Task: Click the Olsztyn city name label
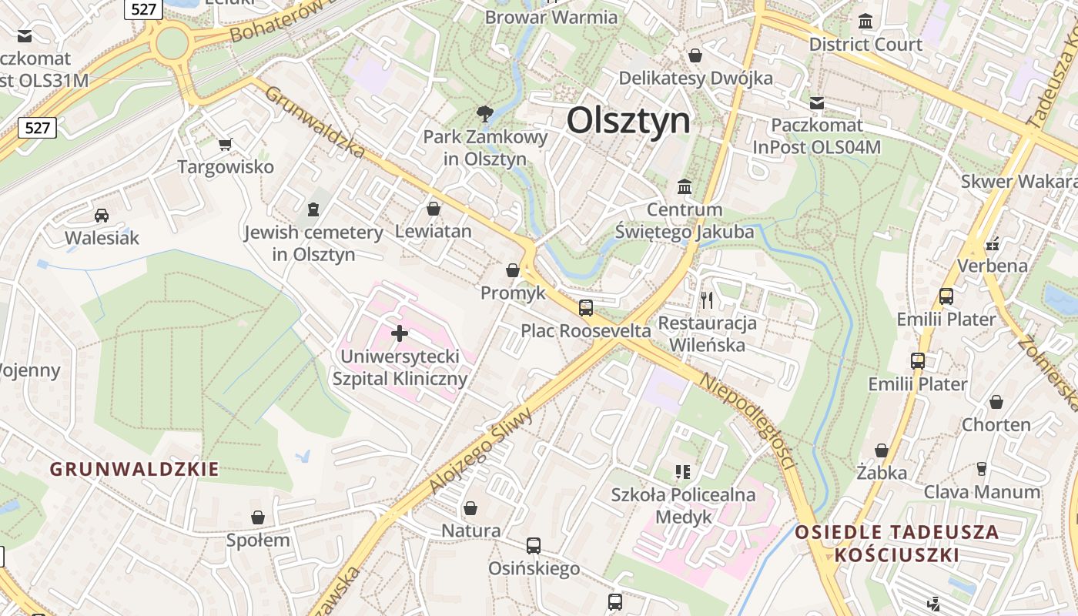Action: click(x=628, y=121)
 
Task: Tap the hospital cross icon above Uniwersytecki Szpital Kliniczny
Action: click(x=400, y=333)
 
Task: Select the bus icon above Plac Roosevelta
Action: click(x=586, y=308)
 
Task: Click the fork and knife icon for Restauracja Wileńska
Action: click(x=707, y=300)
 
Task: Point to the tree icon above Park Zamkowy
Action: click(x=485, y=114)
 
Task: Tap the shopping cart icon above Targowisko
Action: click(x=226, y=144)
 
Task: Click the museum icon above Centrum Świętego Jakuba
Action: click(x=684, y=186)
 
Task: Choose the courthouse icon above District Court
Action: click(x=865, y=21)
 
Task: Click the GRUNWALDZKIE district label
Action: click(x=135, y=469)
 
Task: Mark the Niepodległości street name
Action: click(x=747, y=420)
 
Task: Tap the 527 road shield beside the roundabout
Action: click(x=142, y=8)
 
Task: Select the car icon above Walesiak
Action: click(x=102, y=215)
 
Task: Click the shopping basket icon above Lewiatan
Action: click(x=434, y=209)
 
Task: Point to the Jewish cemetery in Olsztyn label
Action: click(x=313, y=243)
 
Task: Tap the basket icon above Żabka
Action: click(x=882, y=450)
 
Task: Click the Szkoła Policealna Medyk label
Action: click(x=683, y=505)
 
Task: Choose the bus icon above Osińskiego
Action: click(x=534, y=546)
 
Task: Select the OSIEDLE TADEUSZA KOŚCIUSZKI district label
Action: click(x=897, y=543)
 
